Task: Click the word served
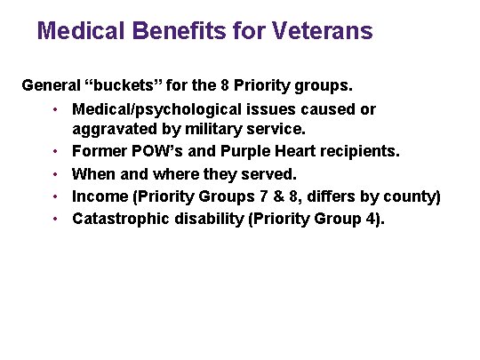pyautogui.click(x=268, y=173)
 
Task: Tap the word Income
pyautogui.click(x=100, y=196)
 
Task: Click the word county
pyautogui.click(x=412, y=196)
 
